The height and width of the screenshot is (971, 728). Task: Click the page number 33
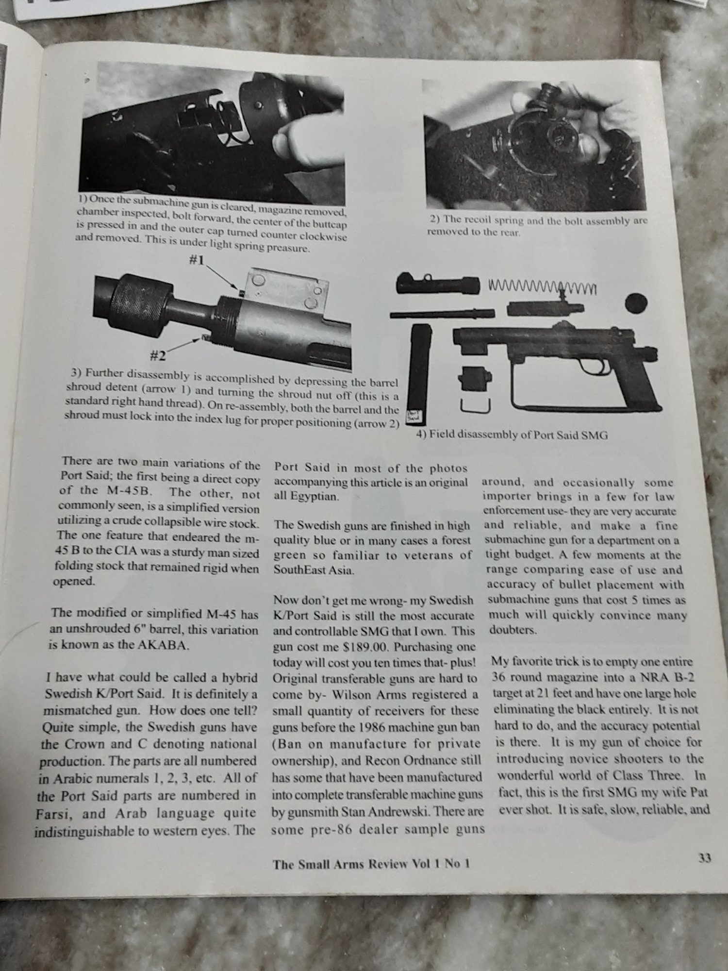pyautogui.click(x=704, y=858)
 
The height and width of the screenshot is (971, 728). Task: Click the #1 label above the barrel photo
pyautogui.click(x=196, y=260)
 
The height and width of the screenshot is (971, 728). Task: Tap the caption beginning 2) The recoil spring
pyautogui.click(x=538, y=226)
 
